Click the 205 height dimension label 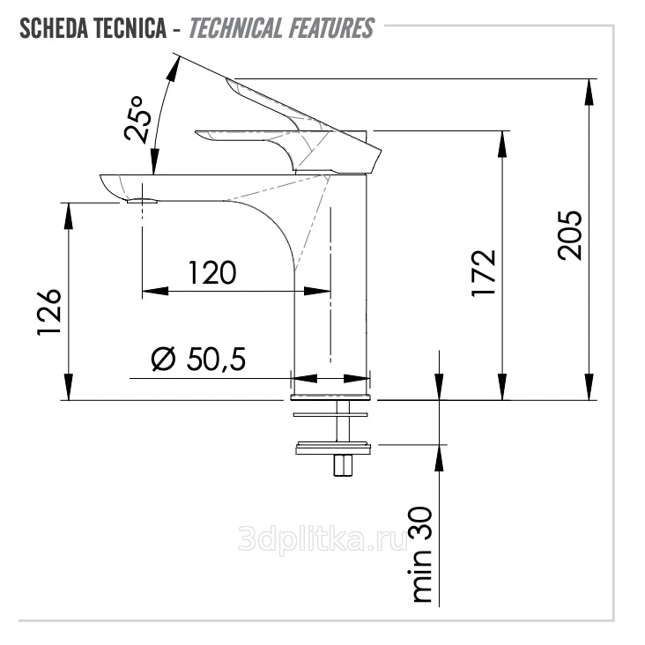coord(570,235)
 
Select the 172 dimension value coord(484,273)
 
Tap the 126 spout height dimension coord(49,313)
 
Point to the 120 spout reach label coord(212,273)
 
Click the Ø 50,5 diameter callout coord(198,360)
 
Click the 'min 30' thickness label coord(422,555)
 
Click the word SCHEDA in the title coord(53,28)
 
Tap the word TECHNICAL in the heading coord(235,28)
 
